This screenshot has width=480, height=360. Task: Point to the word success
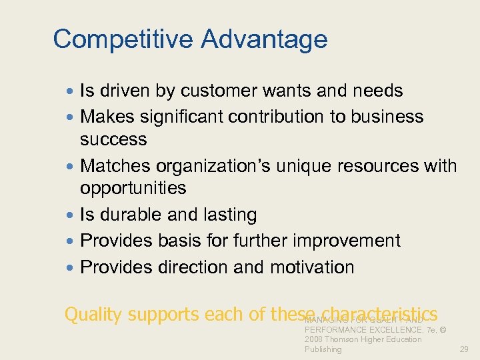pos(113,139)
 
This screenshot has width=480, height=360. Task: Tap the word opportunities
pos(133,189)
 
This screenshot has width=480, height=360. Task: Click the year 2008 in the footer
pos(315,339)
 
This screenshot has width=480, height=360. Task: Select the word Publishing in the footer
pos(323,349)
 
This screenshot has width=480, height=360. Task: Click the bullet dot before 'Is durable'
pos(70,215)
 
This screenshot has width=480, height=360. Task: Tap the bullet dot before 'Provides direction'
pos(70,268)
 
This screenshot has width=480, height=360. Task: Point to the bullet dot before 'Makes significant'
pos(70,117)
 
